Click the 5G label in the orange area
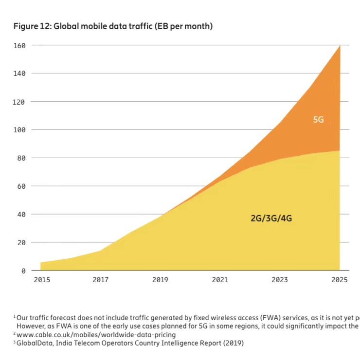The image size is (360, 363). [x=318, y=119]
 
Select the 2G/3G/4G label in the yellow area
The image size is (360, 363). [x=271, y=218]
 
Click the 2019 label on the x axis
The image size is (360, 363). [x=160, y=280]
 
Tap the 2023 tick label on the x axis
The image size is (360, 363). [x=279, y=280]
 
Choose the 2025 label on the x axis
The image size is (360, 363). [x=339, y=280]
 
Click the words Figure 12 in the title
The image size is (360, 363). [x=32, y=27]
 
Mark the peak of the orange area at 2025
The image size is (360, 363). [x=340, y=46]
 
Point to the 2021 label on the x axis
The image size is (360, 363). [x=220, y=280]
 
